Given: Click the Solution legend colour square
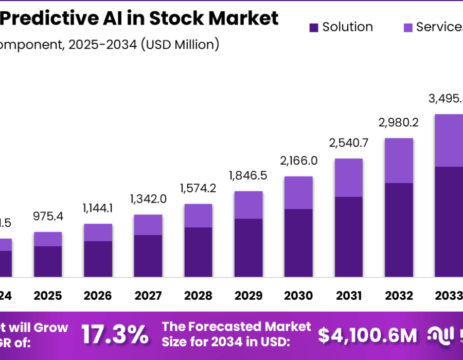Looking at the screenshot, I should click(x=313, y=28).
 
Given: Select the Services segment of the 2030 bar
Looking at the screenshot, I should click(x=298, y=192).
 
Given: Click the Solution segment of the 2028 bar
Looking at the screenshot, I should click(x=198, y=252).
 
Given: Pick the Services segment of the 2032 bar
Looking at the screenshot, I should click(x=399, y=160).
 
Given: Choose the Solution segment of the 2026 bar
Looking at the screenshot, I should click(x=98, y=259).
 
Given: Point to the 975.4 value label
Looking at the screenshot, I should click(x=48, y=217).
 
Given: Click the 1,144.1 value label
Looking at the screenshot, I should click(x=98, y=208).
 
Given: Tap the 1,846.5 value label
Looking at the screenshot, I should click(x=248, y=176).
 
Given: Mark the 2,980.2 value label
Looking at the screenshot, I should click(x=399, y=122).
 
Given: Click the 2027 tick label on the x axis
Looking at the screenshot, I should click(x=148, y=296).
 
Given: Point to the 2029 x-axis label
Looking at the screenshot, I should click(x=248, y=296).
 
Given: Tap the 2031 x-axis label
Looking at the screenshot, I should click(x=349, y=296).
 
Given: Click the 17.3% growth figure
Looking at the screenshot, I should click(x=115, y=335).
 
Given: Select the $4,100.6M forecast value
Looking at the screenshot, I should click(x=367, y=335).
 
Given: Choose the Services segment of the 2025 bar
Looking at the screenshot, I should click(x=48, y=239).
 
